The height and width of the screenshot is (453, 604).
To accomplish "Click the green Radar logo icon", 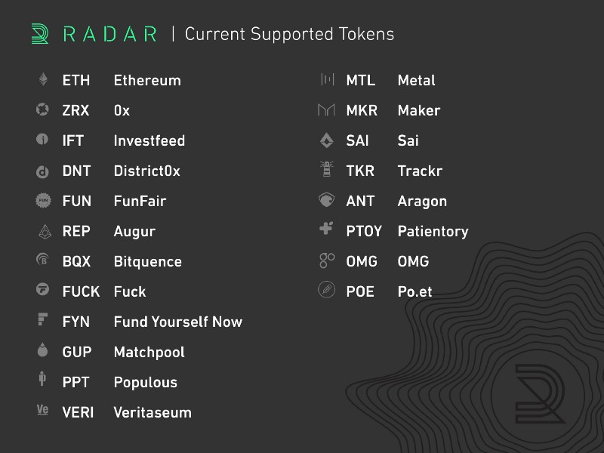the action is point(40,34).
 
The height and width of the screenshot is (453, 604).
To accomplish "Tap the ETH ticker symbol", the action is point(76,81).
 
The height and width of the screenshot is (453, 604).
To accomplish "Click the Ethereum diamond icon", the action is point(43,79).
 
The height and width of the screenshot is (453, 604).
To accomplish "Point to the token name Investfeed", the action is point(149,140).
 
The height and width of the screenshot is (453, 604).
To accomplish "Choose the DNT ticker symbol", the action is point(76,171).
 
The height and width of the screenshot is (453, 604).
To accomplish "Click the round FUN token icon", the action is point(43,200).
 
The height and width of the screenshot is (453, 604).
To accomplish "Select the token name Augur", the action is point(134,232).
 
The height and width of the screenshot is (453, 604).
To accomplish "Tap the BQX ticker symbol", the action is point(76,261).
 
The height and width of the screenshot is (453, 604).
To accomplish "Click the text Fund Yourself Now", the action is point(178,322).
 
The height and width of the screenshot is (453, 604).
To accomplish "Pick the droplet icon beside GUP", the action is point(43,350).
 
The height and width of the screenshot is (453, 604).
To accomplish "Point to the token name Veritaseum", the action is point(153,412).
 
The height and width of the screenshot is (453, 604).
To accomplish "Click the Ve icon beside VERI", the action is point(42,409).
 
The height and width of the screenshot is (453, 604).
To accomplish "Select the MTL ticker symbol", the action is point(361,81).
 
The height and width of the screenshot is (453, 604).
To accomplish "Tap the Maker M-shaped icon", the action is point(327,110).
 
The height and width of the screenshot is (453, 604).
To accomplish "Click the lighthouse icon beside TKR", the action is point(327,169).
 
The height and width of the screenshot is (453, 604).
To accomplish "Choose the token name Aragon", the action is point(422,202).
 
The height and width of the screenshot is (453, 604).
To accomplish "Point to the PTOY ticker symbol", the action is point(364,231).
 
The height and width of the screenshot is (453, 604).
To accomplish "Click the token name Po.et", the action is point(414,291).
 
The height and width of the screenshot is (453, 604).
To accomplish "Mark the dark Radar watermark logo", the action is point(539,393).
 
